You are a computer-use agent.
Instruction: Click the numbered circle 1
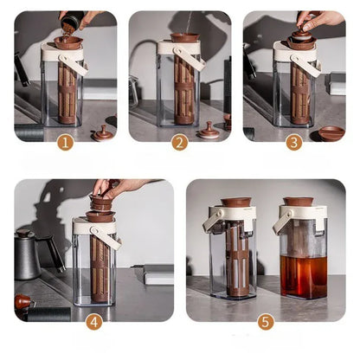click(x=65, y=143)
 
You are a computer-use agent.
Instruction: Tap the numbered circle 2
click(x=179, y=143)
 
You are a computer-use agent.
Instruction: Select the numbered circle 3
click(x=293, y=143)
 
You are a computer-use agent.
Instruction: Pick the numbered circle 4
click(x=93, y=321)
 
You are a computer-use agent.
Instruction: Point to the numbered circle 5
click(x=265, y=321)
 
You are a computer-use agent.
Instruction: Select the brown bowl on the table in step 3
click(x=331, y=132)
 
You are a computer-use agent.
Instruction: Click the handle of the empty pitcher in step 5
click(x=211, y=220)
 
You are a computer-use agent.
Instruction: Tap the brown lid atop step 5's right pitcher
click(x=298, y=202)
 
